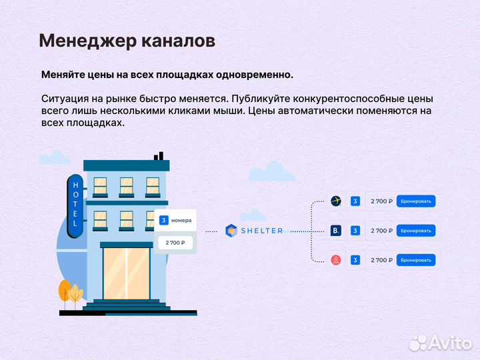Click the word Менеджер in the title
tap(87, 41)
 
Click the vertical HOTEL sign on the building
tap(75, 203)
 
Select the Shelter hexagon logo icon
tap(231, 231)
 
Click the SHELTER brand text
tap(261, 231)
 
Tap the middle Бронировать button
tap(415, 231)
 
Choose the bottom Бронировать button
tap(415, 260)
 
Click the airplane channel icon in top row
tap(336, 201)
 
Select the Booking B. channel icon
tap(336, 231)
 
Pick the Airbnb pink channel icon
tap(336, 260)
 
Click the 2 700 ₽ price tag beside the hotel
tap(175, 243)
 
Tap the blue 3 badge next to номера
tap(163, 220)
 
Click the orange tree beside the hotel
tap(65, 291)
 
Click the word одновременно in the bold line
tap(255, 75)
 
